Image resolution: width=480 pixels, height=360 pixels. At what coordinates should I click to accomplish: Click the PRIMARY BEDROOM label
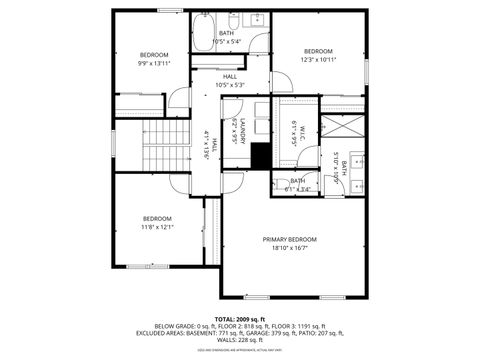(289, 240)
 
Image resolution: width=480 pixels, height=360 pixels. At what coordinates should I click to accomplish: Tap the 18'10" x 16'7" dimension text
(289, 249)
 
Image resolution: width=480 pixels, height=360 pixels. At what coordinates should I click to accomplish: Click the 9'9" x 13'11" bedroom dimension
(154, 63)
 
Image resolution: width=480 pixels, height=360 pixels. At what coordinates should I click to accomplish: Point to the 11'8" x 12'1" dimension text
(157, 227)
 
